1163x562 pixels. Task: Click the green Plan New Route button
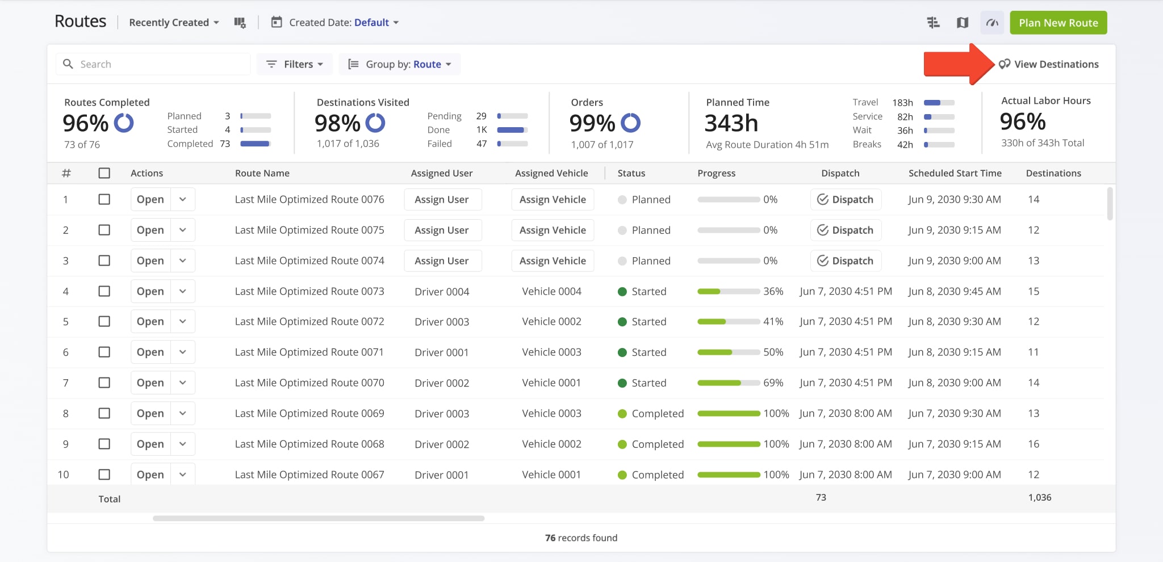click(x=1058, y=23)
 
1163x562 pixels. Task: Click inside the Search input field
click(x=162, y=64)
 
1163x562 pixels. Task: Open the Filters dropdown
click(x=295, y=64)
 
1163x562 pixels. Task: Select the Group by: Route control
click(x=400, y=64)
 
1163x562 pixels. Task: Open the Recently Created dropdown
click(x=174, y=23)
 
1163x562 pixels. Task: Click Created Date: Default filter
click(x=335, y=23)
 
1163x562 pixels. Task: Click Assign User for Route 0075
click(x=442, y=230)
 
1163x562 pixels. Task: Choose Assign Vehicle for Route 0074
click(x=553, y=261)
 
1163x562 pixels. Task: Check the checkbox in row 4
click(x=104, y=291)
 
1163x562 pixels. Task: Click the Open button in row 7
click(x=150, y=383)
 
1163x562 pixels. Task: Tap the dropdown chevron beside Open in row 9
click(x=183, y=444)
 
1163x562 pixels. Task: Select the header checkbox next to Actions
click(x=104, y=173)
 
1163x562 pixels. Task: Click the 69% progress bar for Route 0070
click(x=729, y=383)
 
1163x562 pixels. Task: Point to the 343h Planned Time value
click(x=731, y=123)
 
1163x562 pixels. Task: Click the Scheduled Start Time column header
click(x=955, y=173)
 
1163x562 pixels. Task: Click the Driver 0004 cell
click(x=442, y=291)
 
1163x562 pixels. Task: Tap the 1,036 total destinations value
click(x=1039, y=497)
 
